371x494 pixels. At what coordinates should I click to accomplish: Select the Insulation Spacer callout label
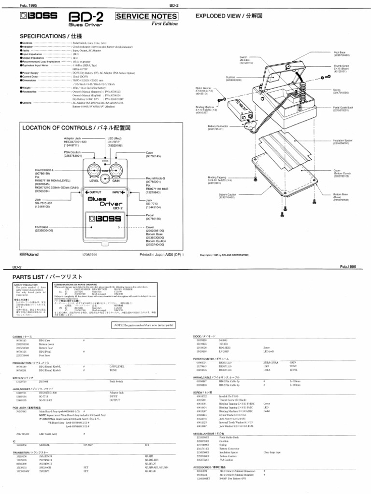342,142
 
